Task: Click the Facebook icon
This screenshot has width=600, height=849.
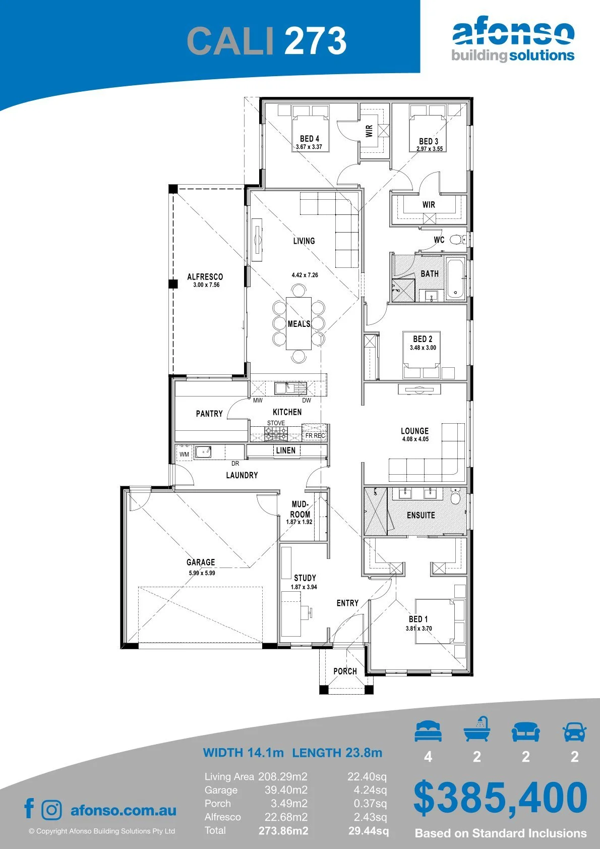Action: (x=29, y=808)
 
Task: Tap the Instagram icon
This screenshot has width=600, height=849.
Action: (x=51, y=810)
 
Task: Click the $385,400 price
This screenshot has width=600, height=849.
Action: (x=500, y=798)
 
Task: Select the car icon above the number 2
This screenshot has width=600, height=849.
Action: (x=574, y=731)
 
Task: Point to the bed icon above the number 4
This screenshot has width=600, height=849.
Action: (x=428, y=731)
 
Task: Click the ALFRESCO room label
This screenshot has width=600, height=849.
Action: (x=205, y=276)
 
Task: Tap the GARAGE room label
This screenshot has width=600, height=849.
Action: (x=201, y=562)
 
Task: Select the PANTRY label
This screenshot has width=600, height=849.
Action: (x=209, y=414)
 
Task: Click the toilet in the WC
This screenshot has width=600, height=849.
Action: (x=459, y=240)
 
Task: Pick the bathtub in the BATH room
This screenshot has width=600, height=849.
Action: (x=455, y=278)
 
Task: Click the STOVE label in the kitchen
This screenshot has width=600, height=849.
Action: (x=276, y=423)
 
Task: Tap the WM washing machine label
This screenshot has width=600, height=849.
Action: (x=184, y=454)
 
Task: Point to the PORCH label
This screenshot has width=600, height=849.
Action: (x=345, y=671)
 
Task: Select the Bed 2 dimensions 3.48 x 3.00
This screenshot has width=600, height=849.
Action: (x=423, y=348)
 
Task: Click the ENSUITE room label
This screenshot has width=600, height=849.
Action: (x=421, y=515)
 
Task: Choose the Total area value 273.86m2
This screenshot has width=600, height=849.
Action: (x=283, y=831)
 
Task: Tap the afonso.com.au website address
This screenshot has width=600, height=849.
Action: (x=124, y=810)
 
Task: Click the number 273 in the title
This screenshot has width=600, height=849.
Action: (x=316, y=41)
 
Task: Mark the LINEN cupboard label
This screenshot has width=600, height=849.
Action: (x=285, y=450)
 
